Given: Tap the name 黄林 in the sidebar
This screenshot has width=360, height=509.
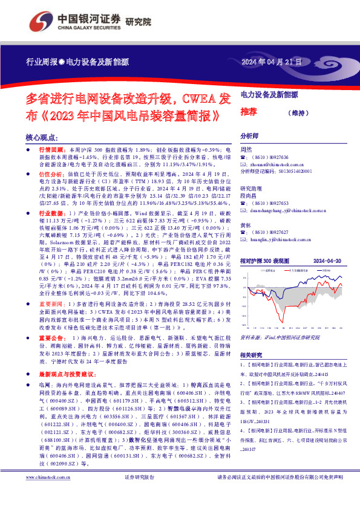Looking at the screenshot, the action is tap(246, 224).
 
